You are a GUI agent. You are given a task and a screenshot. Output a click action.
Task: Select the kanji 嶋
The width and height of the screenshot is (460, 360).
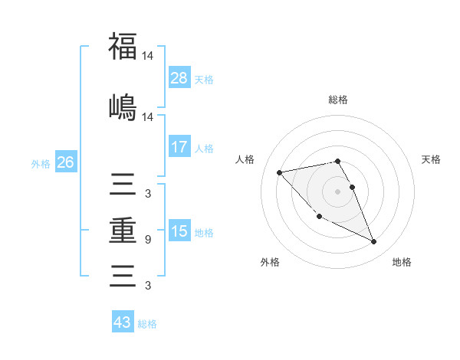(x=123, y=106)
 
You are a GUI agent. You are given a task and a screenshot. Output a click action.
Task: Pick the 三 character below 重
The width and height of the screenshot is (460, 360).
(x=123, y=273)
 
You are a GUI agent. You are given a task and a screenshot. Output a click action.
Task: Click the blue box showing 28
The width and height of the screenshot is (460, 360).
(x=179, y=78)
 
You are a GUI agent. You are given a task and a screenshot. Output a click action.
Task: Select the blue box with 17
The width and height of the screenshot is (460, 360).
(x=179, y=147)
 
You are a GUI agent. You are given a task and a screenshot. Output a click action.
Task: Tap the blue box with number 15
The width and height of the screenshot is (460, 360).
(x=179, y=231)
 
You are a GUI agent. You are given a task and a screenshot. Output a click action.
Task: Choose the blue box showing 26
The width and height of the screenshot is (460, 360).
(x=65, y=162)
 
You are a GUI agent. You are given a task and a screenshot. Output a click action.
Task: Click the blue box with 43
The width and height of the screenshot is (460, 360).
(x=123, y=322)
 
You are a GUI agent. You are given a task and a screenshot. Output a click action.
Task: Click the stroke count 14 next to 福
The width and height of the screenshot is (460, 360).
(x=148, y=56)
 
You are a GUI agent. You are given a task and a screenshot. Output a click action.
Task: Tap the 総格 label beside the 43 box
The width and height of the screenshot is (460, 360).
(x=147, y=324)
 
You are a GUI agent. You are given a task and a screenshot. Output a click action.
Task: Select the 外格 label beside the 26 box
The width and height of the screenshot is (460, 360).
(x=41, y=163)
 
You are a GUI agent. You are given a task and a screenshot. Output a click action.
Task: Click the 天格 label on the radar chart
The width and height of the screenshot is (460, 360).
(x=432, y=159)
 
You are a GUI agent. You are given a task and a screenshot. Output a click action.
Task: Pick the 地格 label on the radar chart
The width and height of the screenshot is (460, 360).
(x=402, y=262)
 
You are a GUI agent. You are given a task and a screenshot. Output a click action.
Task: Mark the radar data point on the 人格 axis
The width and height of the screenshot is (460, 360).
(x=280, y=172)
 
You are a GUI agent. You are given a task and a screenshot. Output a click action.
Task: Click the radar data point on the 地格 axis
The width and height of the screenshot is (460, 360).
(x=373, y=241)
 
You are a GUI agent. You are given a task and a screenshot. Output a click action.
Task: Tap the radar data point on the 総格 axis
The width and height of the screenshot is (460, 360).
(x=337, y=161)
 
